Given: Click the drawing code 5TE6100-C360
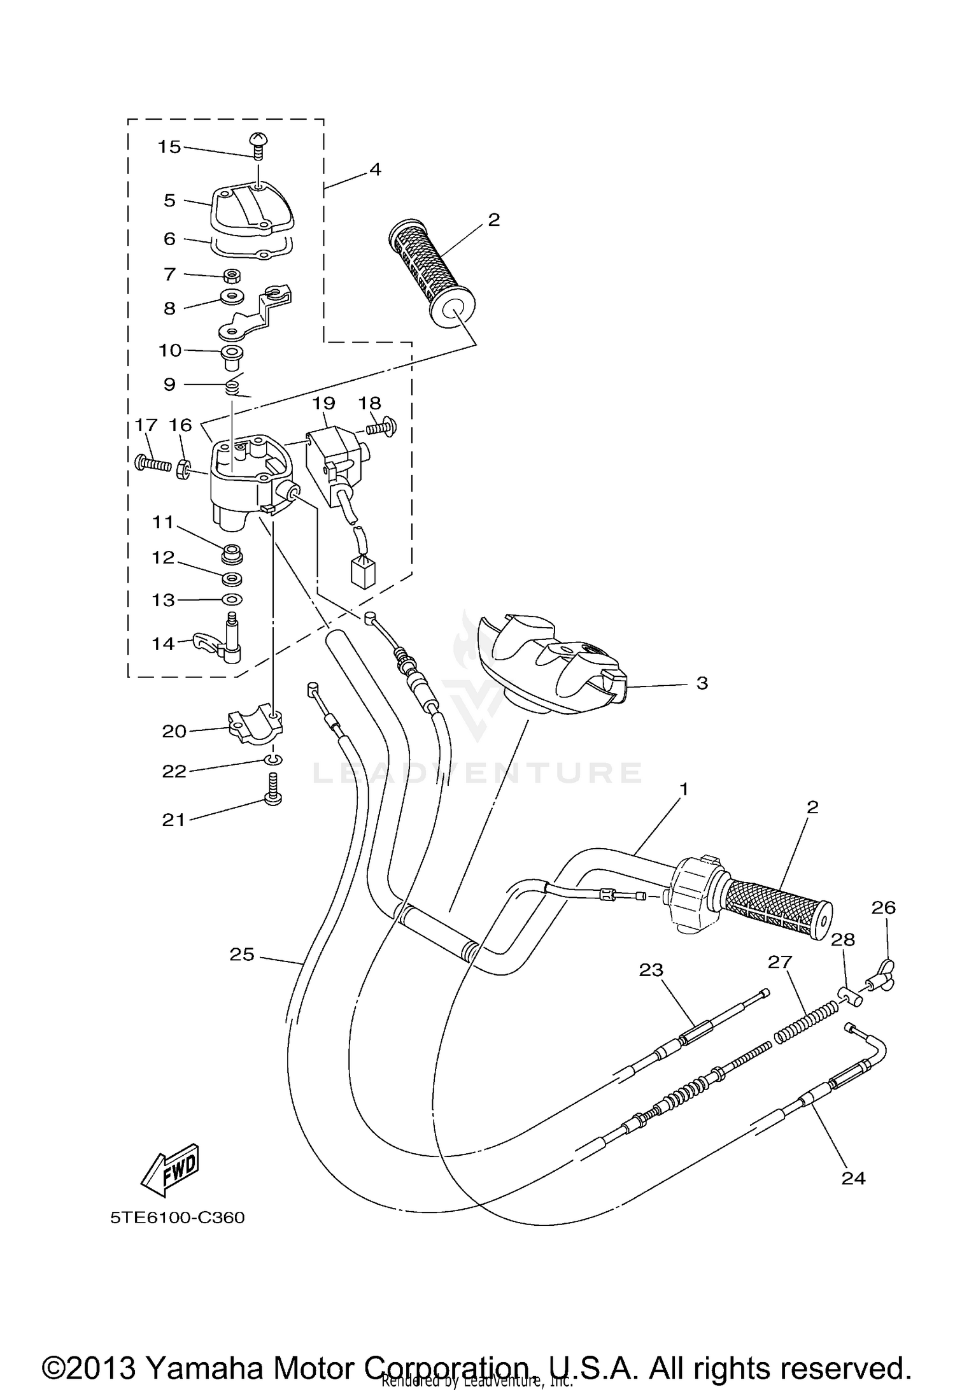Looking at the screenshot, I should (178, 1218).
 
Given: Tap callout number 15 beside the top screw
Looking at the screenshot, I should (169, 147).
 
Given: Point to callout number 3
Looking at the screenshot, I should (702, 683).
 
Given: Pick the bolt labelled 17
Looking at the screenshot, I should (153, 463).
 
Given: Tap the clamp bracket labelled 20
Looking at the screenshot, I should (255, 725).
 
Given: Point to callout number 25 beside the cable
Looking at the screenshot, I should (242, 954).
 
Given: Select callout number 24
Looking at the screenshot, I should (853, 1178).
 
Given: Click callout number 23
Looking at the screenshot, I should (651, 970).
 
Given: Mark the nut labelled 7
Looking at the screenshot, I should (232, 276).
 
